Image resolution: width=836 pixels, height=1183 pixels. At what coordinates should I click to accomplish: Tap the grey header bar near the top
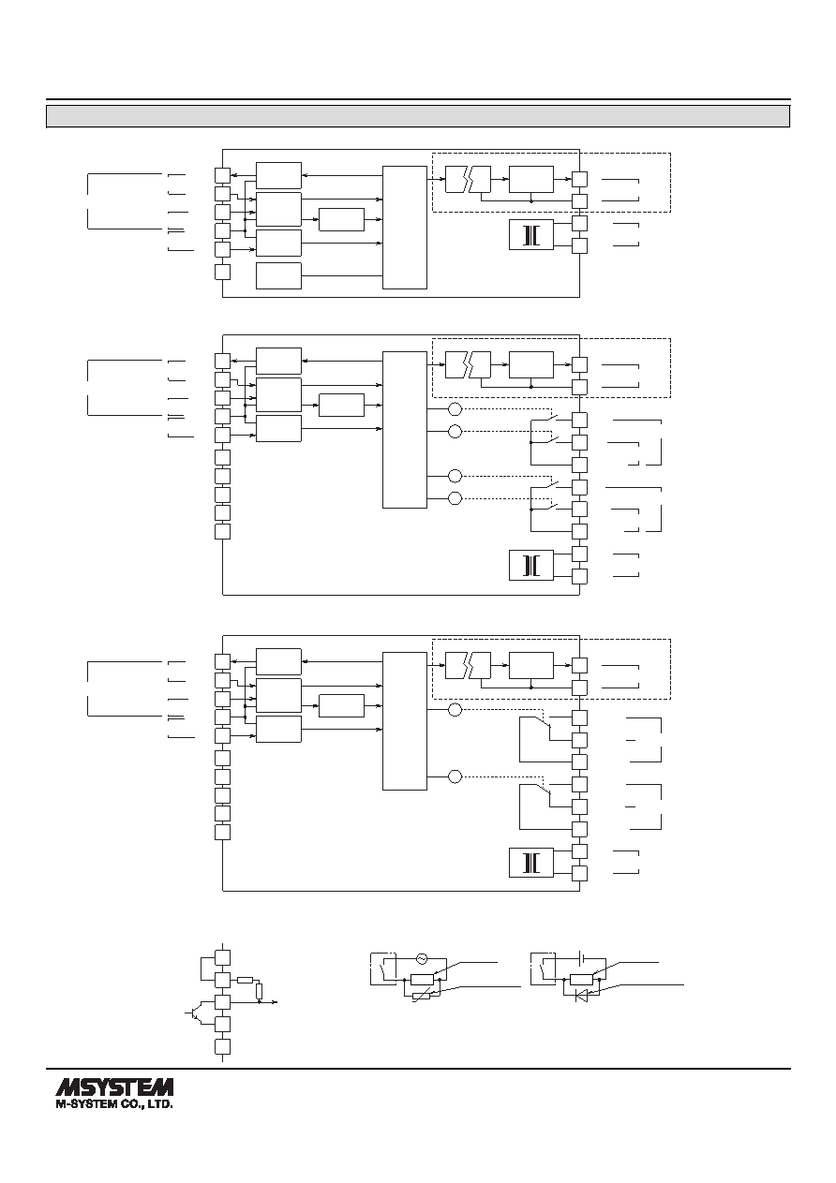pyautogui.click(x=418, y=116)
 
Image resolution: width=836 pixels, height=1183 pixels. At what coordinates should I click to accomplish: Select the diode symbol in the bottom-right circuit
pyautogui.click(x=581, y=996)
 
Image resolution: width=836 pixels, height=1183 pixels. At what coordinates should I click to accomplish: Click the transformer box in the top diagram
pyautogui.click(x=531, y=234)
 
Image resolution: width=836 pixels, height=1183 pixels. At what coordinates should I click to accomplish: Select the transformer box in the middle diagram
pyautogui.click(x=531, y=565)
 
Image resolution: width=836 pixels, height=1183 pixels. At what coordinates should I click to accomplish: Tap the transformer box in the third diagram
pyautogui.click(x=531, y=863)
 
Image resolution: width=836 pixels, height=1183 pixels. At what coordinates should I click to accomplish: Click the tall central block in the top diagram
pyautogui.click(x=405, y=228)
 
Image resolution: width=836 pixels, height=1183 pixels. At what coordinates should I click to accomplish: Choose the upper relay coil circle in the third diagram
pyautogui.click(x=455, y=710)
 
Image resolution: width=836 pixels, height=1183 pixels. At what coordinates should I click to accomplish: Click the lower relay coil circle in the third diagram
pyautogui.click(x=455, y=776)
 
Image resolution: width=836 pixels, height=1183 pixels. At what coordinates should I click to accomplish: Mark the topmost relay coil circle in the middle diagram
pyautogui.click(x=455, y=409)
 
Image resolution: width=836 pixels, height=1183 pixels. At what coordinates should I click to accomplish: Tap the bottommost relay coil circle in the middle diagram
pyautogui.click(x=455, y=498)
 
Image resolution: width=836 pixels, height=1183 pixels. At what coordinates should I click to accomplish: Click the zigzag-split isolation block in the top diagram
pyautogui.click(x=468, y=180)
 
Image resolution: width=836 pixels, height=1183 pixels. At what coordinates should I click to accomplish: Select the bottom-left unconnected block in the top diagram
pyautogui.click(x=278, y=275)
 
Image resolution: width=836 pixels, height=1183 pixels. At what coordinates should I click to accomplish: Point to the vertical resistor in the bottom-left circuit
pyautogui.click(x=259, y=991)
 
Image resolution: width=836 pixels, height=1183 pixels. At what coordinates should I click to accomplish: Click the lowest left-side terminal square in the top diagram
pyautogui.click(x=222, y=272)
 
